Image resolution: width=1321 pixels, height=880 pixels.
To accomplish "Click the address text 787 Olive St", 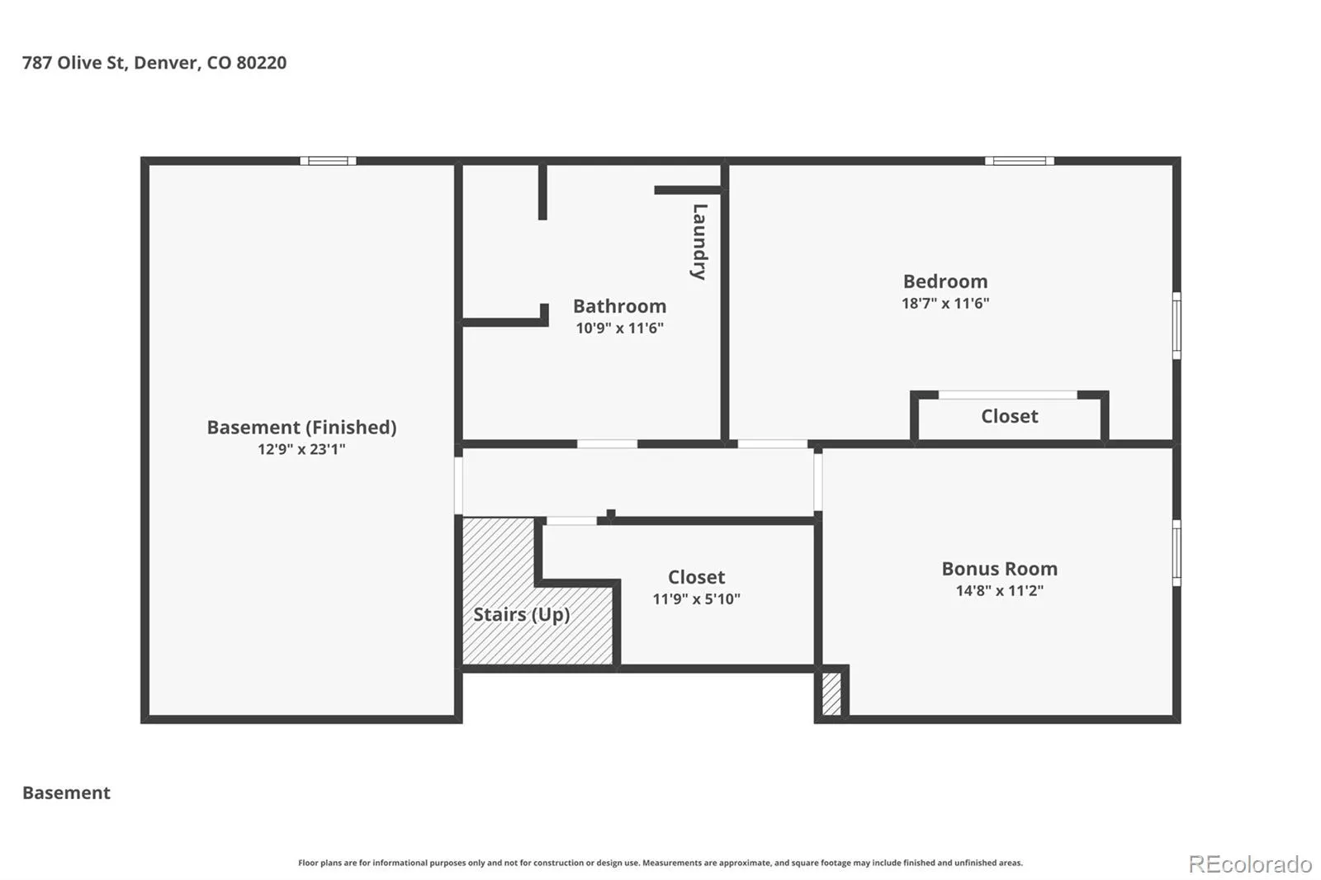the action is tap(73, 63).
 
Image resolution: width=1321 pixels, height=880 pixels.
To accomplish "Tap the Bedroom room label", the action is tap(945, 282).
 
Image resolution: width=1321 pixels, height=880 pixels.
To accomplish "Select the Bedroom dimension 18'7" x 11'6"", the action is tap(945, 303).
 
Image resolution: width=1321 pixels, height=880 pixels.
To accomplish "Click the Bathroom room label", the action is tap(619, 306).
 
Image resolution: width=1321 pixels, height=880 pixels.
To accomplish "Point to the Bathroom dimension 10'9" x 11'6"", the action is tap(619, 328).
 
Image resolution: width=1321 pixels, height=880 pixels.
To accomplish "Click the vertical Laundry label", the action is tap(698, 242).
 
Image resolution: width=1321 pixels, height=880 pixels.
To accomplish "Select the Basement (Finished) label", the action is tap(301, 427).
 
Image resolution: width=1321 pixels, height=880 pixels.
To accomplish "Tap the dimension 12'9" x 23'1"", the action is tap(301, 449).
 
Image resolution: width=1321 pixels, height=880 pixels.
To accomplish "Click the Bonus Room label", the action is tap(999, 569).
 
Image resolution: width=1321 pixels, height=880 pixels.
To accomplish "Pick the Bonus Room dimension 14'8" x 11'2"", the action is tap(999, 590).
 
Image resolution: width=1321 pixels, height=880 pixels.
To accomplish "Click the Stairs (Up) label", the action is tap(521, 614).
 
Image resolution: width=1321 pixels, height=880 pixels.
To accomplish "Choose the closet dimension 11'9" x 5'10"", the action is tap(696, 599).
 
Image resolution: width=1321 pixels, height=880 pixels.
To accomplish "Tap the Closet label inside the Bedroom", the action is tap(1009, 416).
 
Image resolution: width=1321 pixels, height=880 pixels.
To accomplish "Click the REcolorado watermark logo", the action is tap(1250, 864).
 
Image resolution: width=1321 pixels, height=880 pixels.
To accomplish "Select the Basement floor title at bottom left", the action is tap(66, 792).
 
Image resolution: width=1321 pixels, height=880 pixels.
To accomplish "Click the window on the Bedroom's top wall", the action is tap(1019, 161).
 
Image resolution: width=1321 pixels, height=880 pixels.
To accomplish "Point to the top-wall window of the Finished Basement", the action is tap(328, 161).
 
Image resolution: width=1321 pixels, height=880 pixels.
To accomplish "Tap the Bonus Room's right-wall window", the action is tap(1177, 553).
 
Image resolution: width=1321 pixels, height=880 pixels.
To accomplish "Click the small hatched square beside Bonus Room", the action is tap(831, 693).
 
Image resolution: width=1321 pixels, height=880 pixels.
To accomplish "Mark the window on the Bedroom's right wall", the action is tap(1177, 325).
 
